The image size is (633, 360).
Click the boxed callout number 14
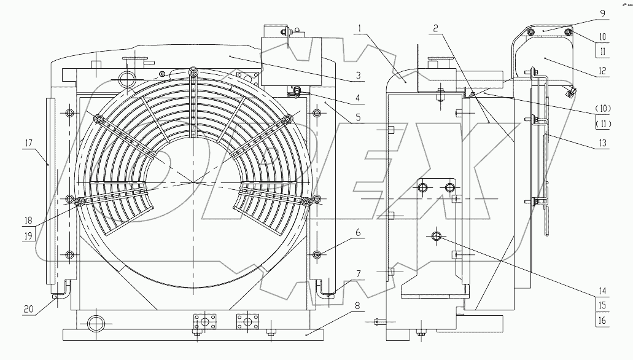coord(602,292)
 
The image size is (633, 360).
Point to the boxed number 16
coord(602,320)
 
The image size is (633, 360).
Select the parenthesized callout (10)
coord(602,109)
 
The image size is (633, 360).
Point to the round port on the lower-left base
coord(97,323)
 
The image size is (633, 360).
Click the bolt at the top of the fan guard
coord(193,71)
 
